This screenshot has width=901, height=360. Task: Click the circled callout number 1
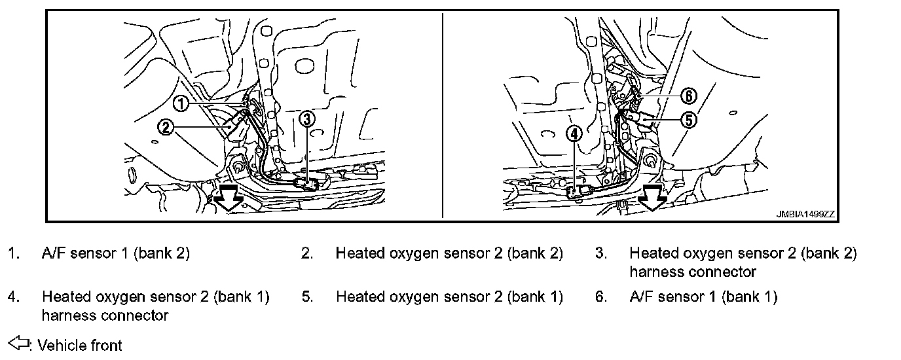point(181,103)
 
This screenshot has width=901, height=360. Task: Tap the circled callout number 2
point(166,127)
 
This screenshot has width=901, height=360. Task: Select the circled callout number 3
point(308,118)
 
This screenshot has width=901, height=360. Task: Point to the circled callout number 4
point(574,134)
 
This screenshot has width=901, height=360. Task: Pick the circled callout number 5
point(689,119)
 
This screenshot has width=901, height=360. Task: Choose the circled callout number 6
point(688,96)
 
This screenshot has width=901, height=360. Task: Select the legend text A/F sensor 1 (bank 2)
point(116,253)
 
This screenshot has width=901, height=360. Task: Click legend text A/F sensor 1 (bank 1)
point(703,297)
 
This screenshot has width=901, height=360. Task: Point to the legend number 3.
point(601,253)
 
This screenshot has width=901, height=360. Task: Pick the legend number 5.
point(307,297)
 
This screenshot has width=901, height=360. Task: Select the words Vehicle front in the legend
point(80,344)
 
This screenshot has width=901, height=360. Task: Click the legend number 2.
point(307,253)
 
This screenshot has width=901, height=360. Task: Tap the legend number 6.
point(601,297)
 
